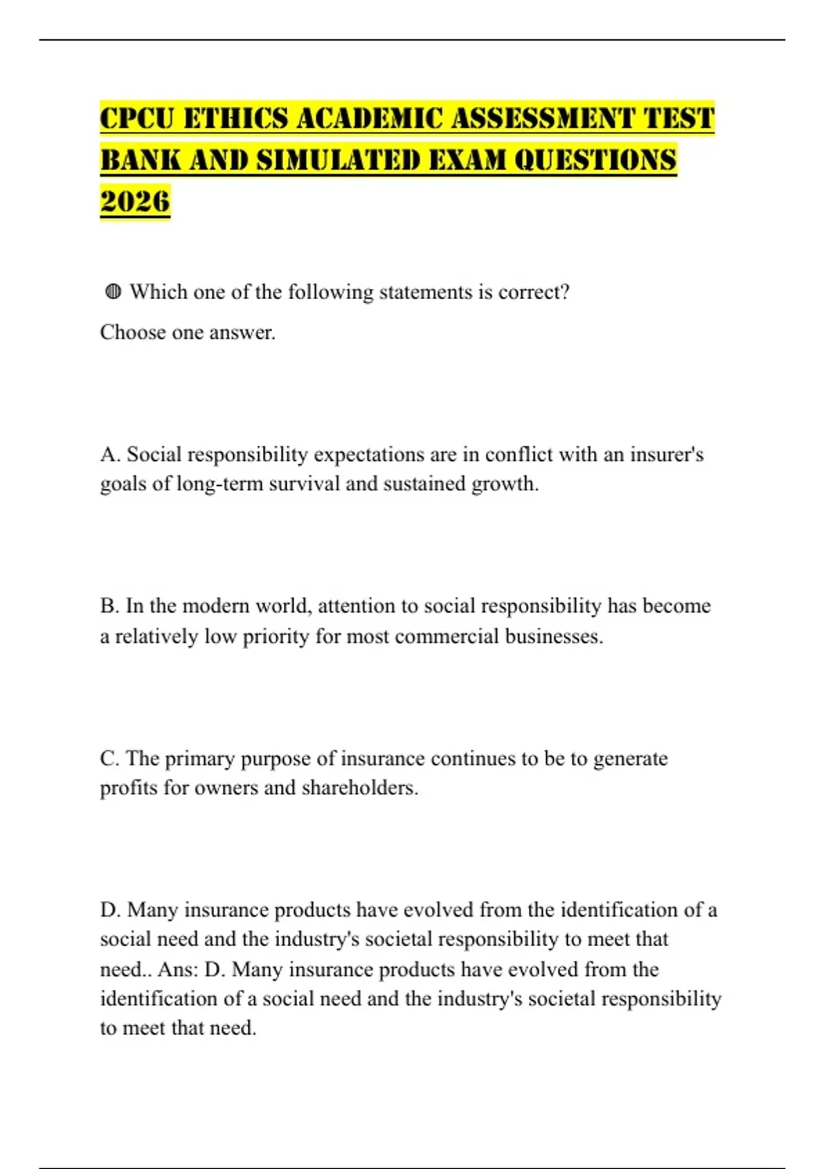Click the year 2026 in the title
click(x=135, y=201)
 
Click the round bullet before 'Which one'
click(x=113, y=292)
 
